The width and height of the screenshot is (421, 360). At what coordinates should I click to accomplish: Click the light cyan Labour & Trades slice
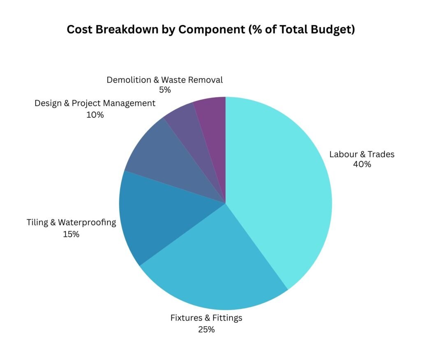tap(280, 185)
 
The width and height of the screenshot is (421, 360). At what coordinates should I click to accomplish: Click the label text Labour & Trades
tap(362, 154)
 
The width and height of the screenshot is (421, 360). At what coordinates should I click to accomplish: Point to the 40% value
tap(362, 165)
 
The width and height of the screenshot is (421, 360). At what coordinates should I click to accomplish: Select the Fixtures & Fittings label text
tap(206, 318)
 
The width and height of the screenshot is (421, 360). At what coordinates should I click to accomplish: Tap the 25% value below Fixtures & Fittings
tap(206, 329)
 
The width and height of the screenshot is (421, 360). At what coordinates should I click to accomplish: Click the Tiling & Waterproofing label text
tap(72, 223)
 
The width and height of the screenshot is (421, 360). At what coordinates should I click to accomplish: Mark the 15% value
tap(72, 235)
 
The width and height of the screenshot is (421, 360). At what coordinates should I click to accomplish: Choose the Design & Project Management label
tap(95, 103)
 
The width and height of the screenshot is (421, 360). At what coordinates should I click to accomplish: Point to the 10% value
tap(95, 115)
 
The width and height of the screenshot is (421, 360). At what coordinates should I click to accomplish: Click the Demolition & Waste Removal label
tap(164, 80)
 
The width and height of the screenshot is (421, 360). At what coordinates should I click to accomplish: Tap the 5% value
tap(164, 90)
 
